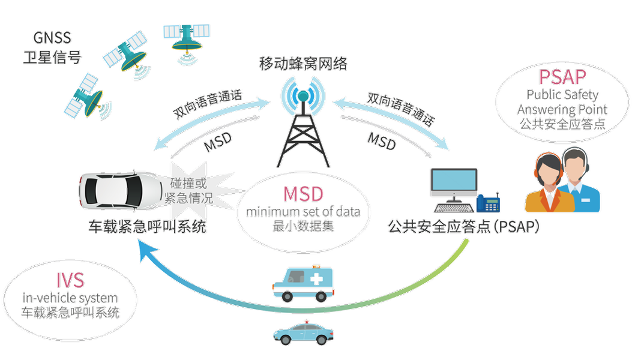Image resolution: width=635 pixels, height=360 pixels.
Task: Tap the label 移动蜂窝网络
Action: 303,63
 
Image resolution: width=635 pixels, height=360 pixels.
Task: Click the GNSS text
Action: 52,39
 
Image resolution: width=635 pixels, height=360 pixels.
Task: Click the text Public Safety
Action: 562,95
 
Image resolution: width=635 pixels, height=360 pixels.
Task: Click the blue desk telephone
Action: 489,203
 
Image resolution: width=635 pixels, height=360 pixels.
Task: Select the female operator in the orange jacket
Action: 546,182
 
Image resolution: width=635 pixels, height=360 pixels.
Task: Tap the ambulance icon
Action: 302,284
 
